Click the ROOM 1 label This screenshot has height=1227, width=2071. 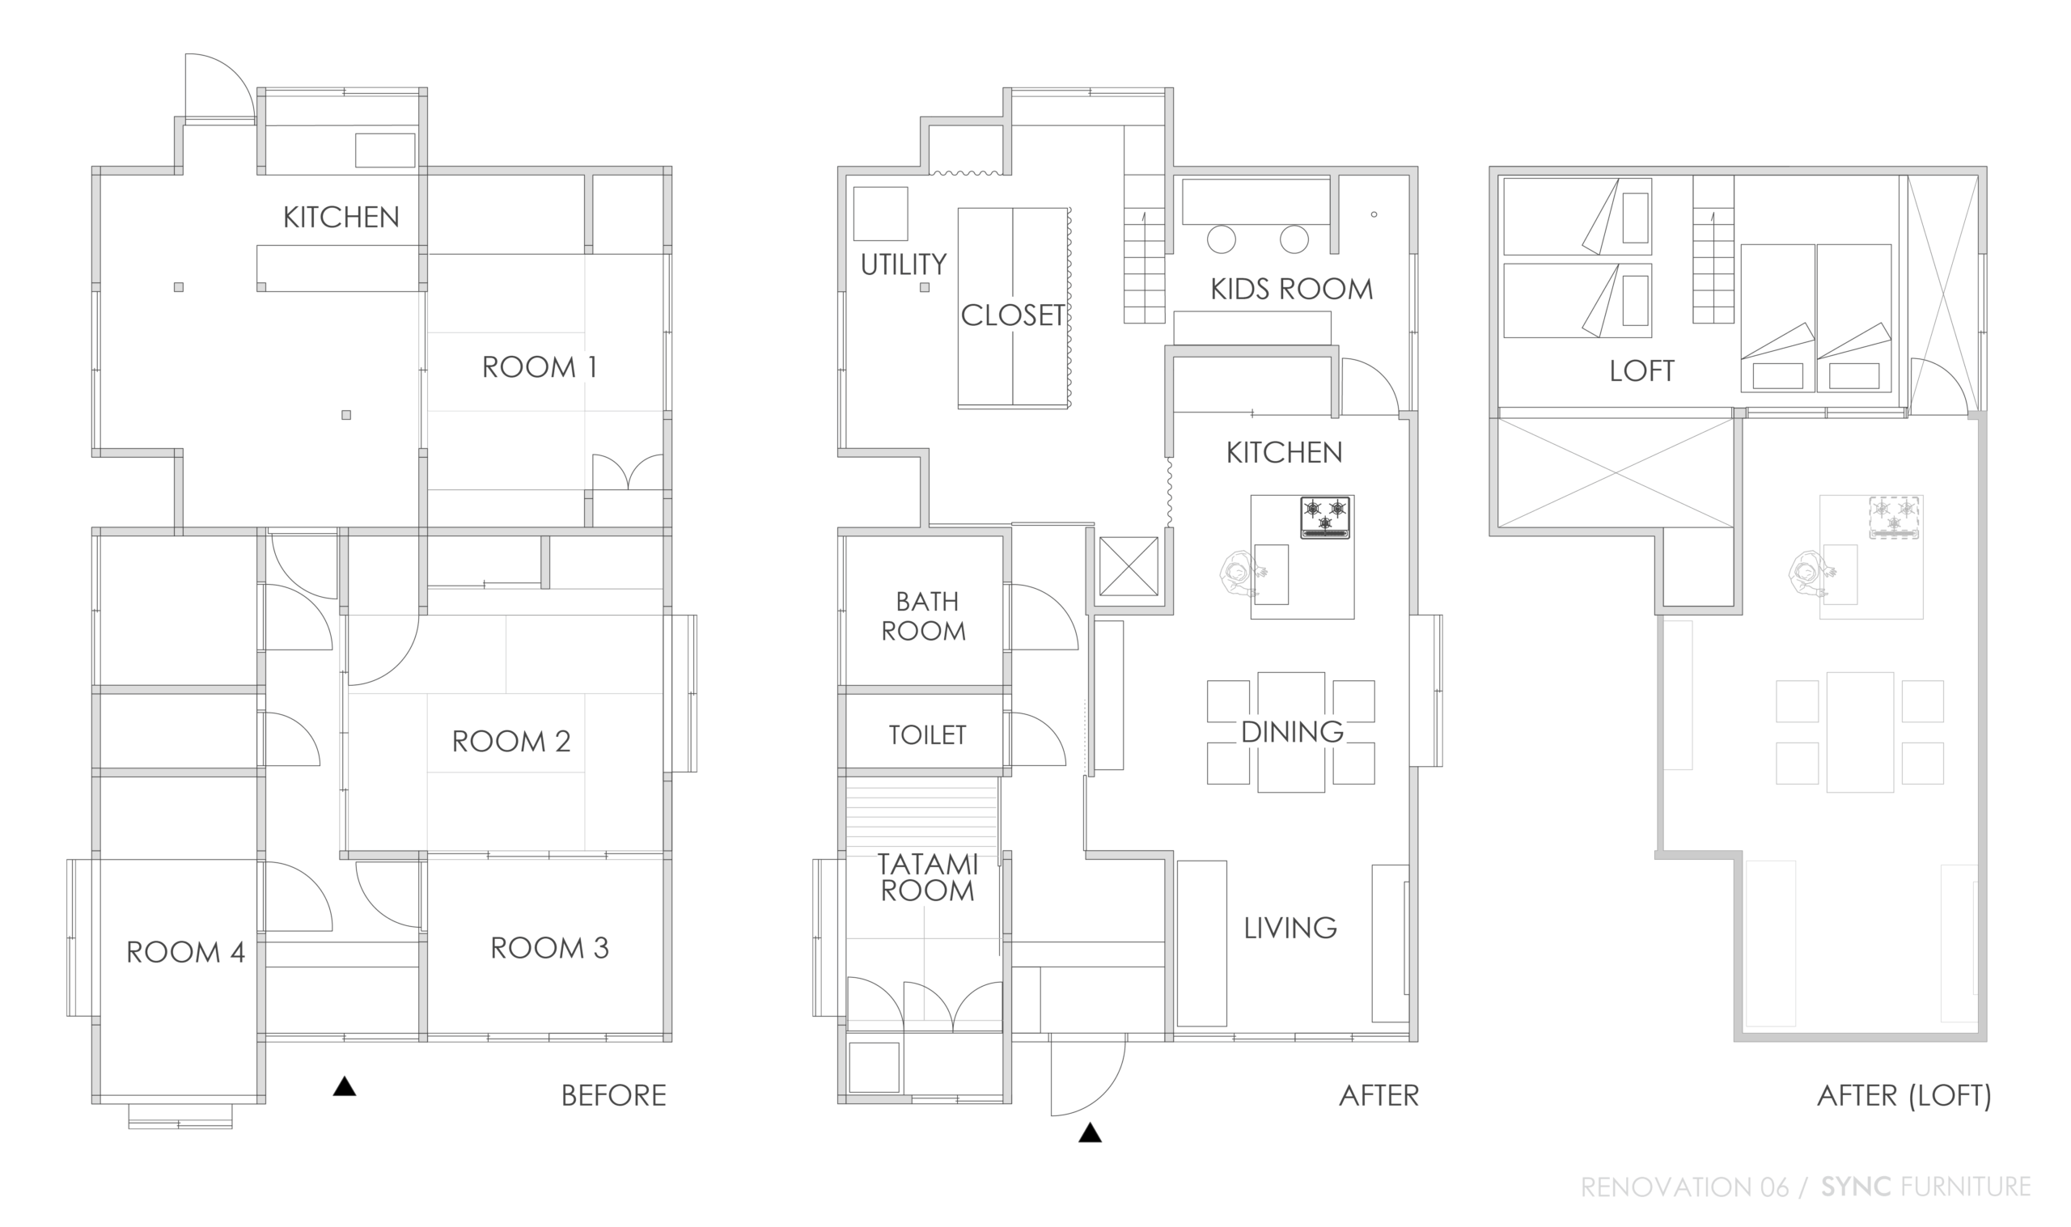pos(539,367)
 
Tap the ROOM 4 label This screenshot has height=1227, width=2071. pos(185,953)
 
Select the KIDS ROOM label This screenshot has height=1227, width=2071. pos(1291,290)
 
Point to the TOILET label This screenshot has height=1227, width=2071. pos(927,735)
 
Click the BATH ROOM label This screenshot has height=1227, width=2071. pos(925,616)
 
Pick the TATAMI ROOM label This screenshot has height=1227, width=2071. pos(927,878)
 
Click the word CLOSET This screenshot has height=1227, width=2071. pos(1013,315)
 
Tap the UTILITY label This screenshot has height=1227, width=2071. pos(904,264)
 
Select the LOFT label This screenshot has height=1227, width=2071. pos(1642,371)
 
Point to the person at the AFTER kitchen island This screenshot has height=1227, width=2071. pos(1238,573)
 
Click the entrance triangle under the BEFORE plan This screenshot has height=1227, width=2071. pos(345,1086)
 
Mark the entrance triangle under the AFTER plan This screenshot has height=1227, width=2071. pos(1090,1132)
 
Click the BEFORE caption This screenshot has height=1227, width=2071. pos(613,1095)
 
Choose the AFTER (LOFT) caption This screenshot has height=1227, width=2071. pos(1904,1095)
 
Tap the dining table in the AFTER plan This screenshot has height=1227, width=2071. pos(1290,733)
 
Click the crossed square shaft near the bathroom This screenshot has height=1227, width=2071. pos(1129,566)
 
